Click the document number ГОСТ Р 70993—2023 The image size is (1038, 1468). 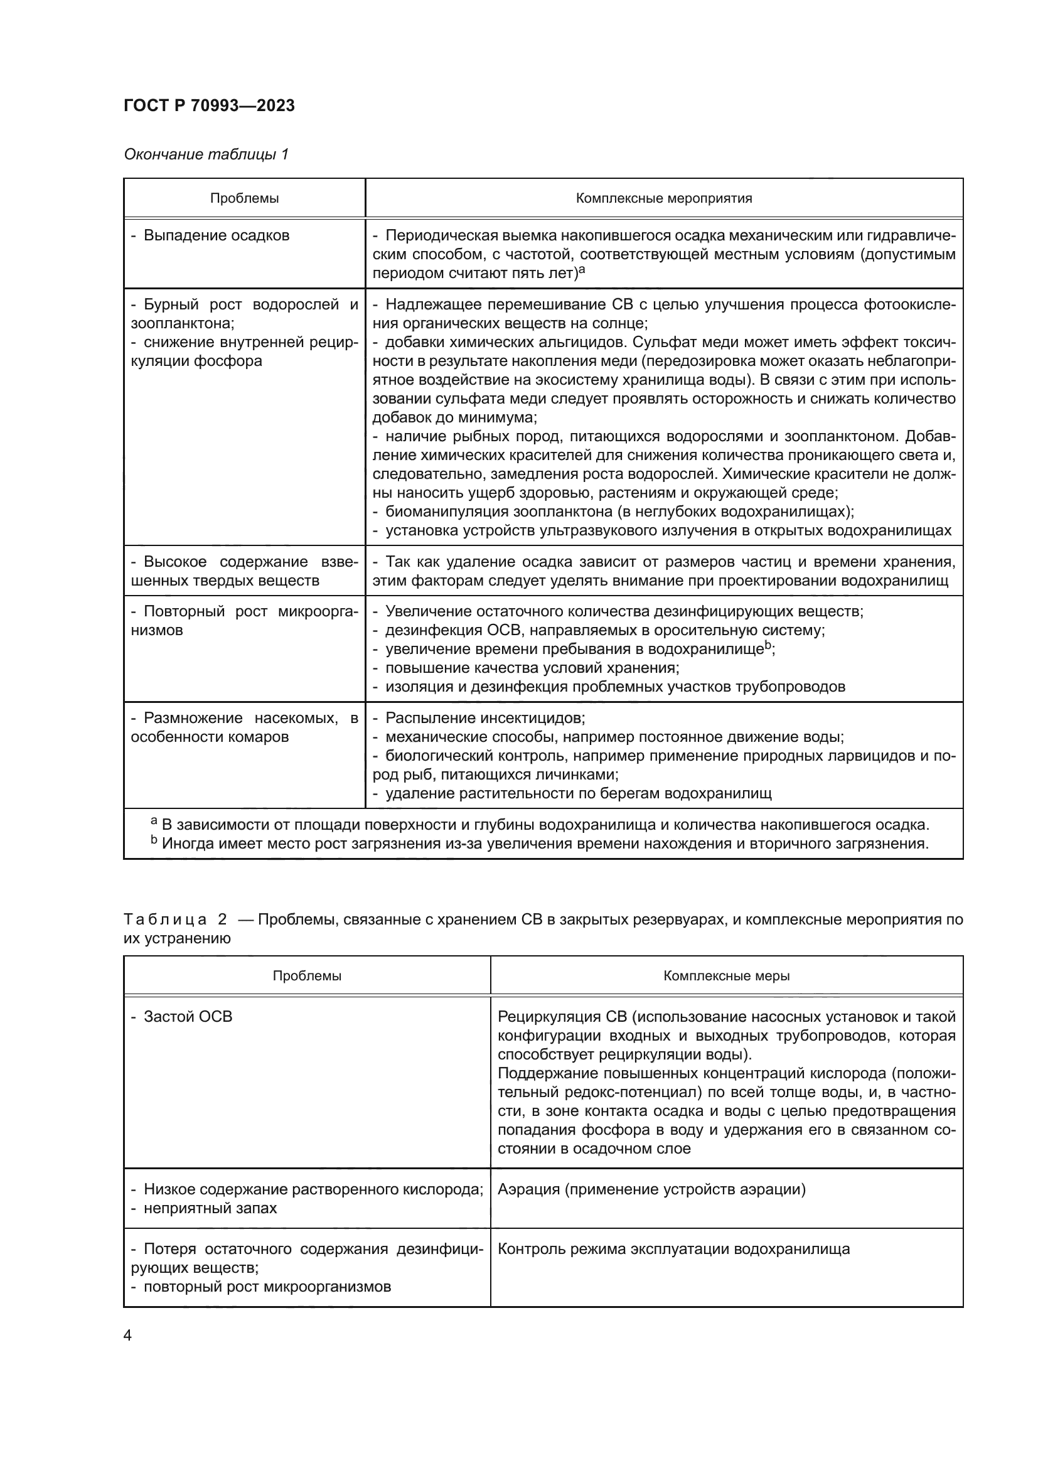[x=209, y=106]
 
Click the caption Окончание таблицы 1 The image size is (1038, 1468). [x=206, y=154]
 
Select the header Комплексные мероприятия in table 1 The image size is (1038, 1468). [x=663, y=198]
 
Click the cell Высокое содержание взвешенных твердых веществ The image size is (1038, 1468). [x=244, y=571]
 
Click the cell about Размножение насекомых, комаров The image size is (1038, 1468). [x=244, y=727]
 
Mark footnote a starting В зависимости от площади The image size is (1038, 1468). [x=540, y=824]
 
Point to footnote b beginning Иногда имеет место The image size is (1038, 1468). [x=540, y=844]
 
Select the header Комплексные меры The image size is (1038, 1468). [x=726, y=976]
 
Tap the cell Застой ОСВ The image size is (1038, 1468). [x=187, y=1017]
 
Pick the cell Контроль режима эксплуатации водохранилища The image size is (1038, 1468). [x=673, y=1249]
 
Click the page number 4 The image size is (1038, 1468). [x=127, y=1336]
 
